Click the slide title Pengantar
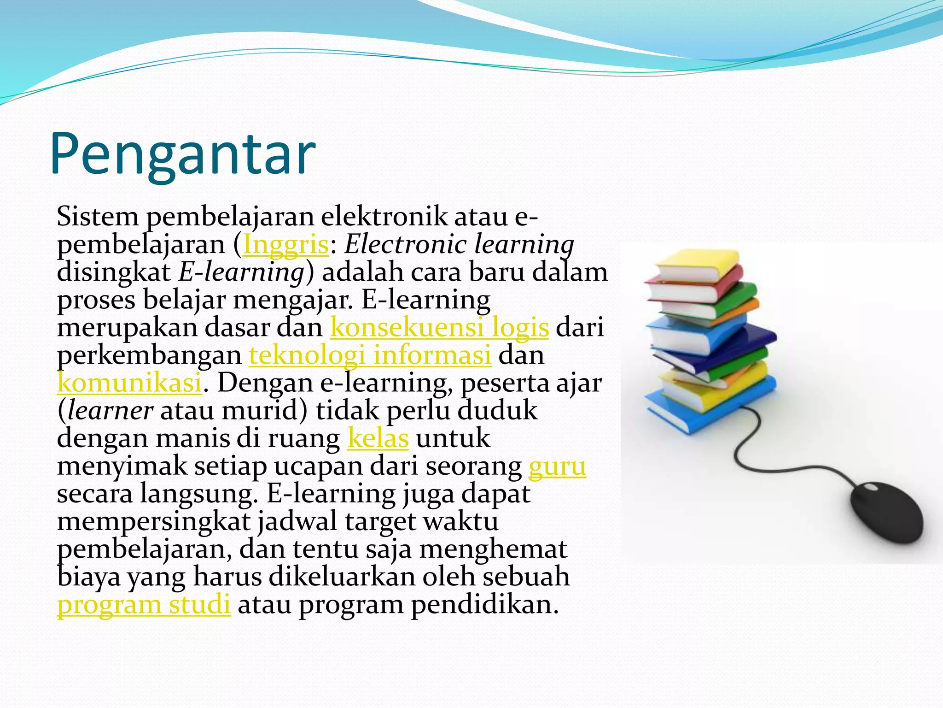[183, 154]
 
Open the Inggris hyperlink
[285, 245]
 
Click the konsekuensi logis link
[439, 328]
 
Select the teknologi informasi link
[370, 355]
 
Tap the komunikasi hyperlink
[129, 383]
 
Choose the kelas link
[378, 438]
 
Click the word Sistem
[98, 217]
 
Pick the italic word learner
[111, 411]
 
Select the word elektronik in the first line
[384, 217]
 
